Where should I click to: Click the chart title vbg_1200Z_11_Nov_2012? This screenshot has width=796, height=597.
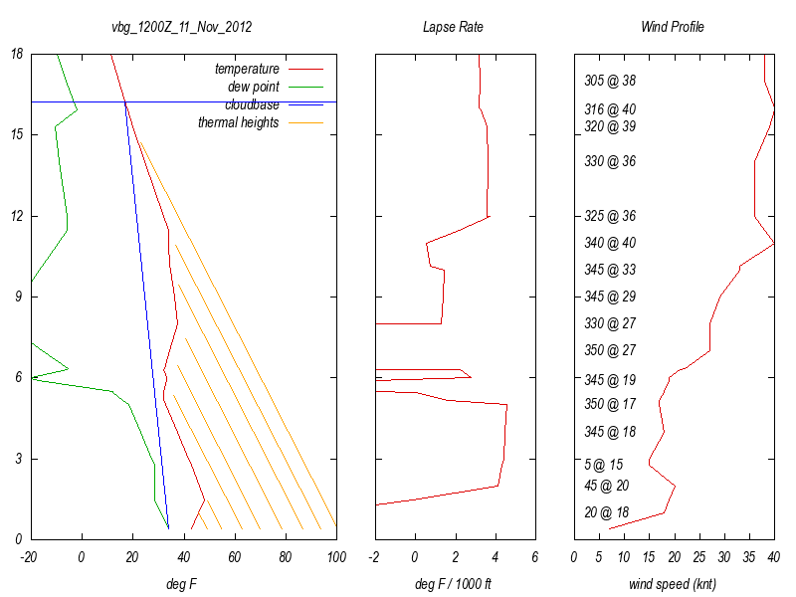pos(181,27)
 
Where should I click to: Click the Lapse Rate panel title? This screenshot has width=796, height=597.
pos(453,27)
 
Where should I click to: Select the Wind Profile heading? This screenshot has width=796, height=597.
pos(672,27)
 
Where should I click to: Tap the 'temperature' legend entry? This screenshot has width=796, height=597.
pos(247,69)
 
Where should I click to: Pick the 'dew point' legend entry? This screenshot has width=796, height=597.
pos(254,87)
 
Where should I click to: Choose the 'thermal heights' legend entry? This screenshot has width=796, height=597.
pos(239,122)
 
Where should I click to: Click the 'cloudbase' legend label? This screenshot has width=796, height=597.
pos(252,104)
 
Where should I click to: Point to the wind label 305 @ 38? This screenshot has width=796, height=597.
pos(610,81)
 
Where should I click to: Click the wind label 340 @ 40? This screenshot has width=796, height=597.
pos(610,243)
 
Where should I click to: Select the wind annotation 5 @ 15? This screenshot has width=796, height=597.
pos(604,465)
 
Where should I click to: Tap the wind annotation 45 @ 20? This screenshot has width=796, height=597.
pos(607,486)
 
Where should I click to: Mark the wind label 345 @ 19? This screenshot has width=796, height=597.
pos(610,380)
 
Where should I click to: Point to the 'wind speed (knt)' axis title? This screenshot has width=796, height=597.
pos(673,584)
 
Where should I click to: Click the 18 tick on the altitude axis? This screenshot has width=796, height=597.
pos(18,54)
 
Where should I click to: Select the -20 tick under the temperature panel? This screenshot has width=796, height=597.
pos(30,557)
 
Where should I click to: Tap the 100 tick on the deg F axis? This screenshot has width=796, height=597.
pos(336,557)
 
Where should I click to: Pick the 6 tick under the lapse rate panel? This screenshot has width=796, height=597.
pos(535,557)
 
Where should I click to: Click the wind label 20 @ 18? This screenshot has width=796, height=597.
pos(607,512)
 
